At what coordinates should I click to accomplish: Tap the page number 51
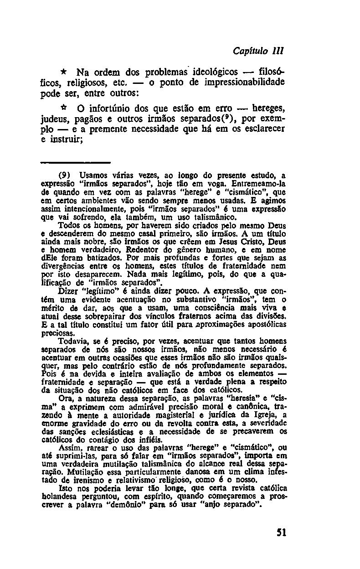[x=281, y=533]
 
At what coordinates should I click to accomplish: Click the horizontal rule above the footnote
[x=75, y=162]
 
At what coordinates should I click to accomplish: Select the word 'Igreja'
[x=259, y=415]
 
